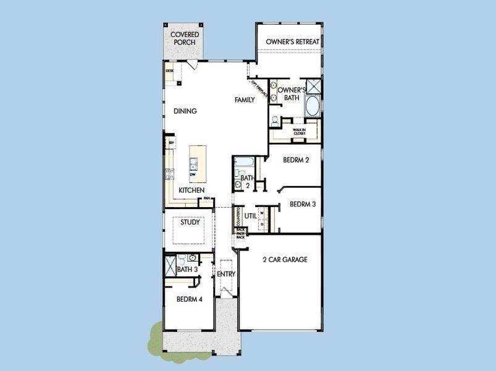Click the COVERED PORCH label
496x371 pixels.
pyautogui.click(x=183, y=38)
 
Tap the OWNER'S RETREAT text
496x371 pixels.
pyautogui.click(x=292, y=41)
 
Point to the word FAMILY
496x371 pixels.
pyautogui.click(x=244, y=100)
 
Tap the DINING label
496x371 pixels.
pyautogui.click(x=185, y=111)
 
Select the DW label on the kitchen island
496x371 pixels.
pyautogui.click(x=193, y=174)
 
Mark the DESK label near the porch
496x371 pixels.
pyautogui.click(x=169, y=71)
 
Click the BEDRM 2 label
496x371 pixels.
pyautogui.click(x=295, y=160)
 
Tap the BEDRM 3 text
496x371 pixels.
pyautogui.click(x=302, y=204)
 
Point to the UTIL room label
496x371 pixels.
pyautogui.click(x=250, y=216)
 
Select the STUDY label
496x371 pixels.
pyautogui.click(x=190, y=222)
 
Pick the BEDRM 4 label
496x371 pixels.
pyautogui.click(x=189, y=299)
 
